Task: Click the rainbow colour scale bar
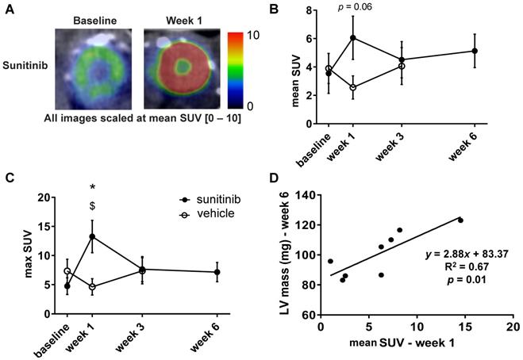pyautogui.click(x=238, y=70)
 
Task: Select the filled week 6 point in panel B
pyautogui.click(x=475, y=51)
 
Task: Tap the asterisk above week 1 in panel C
pyautogui.click(x=93, y=187)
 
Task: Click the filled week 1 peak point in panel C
pyautogui.click(x=93, y=236)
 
